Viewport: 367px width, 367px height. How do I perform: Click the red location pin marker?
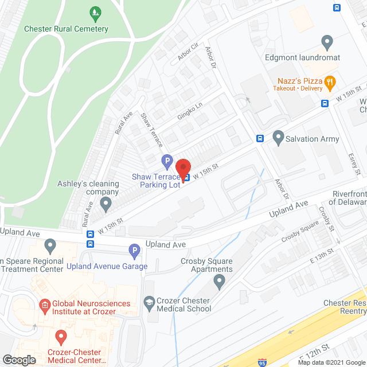coord(183,168)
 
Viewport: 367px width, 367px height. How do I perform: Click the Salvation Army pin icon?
coord(279,138)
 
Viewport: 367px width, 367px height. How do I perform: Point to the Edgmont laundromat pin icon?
coord(327,42)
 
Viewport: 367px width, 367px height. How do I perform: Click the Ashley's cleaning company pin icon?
coord(106,204)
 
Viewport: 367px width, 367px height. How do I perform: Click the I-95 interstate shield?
coord(262,362)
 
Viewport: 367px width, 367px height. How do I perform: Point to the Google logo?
coord(19,360)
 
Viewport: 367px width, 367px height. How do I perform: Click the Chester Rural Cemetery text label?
coord(66,29)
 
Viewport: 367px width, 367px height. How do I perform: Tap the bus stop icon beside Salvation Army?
coord(260,138)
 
